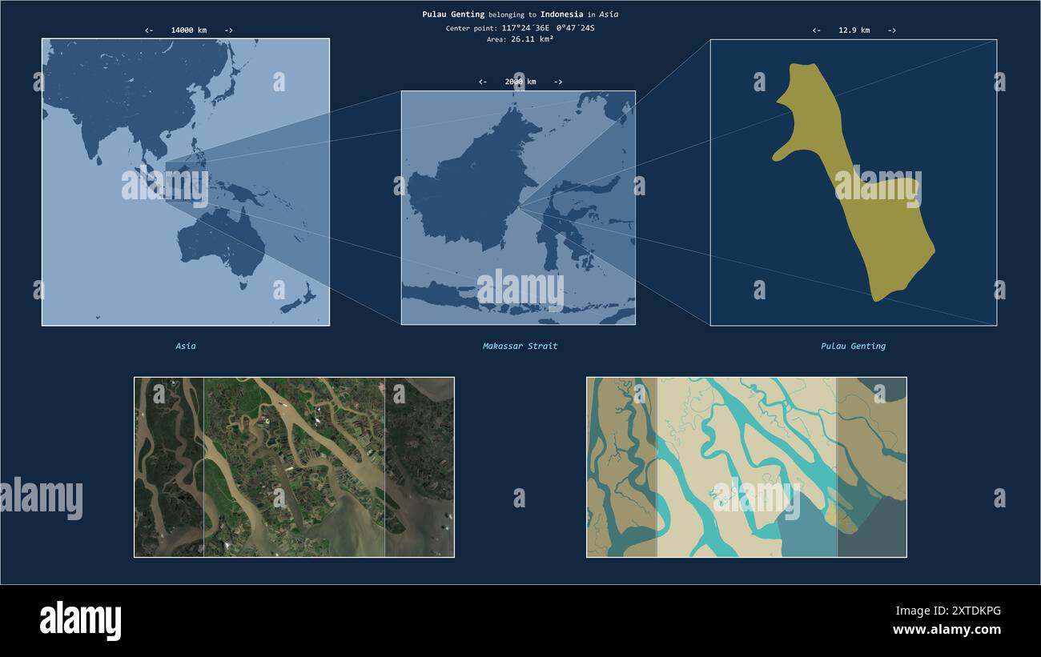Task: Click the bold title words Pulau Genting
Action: (x=453, y=14)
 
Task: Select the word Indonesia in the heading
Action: (x=561, y=14)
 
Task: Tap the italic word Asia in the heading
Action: (x=608, y=14)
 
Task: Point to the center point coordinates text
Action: (x=548, y=28)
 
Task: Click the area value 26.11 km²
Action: (x=532, y=39)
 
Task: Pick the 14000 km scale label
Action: (x=188, y=30)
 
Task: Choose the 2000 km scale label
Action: (x=520, y=82)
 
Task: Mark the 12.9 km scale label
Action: (x=854, y=30)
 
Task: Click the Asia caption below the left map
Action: (x=186, y=347)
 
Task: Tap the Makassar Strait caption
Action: (x=520, y=347)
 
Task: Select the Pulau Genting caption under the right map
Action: (x=853, y=347)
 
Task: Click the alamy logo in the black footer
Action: (x=80, y=621)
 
